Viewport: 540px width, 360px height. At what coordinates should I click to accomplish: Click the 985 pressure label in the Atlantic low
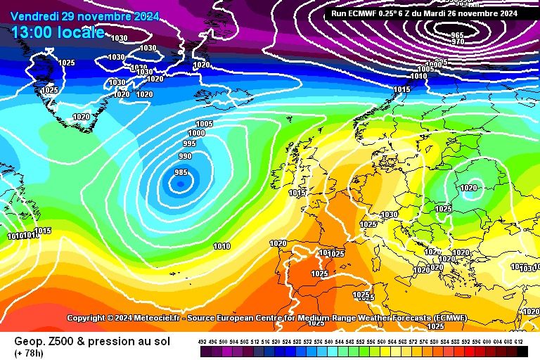pos(181,173)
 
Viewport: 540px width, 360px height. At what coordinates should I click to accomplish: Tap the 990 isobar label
pos(185,156)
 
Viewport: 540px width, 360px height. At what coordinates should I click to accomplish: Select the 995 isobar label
pos(189,143)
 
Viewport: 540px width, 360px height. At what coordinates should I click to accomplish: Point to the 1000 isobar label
pos(197,133)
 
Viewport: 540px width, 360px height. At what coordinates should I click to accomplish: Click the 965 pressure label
pos(457,35)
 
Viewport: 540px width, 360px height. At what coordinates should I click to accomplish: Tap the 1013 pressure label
pos(297,193)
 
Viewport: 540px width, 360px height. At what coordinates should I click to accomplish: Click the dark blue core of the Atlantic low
pos(180,184)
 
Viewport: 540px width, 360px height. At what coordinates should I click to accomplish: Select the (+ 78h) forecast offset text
pos(29,353)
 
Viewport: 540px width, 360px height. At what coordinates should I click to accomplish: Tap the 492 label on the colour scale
pos(202,342)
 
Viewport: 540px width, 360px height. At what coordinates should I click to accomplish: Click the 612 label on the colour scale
pos(519,342)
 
